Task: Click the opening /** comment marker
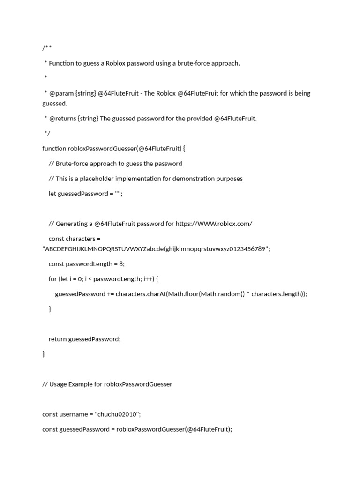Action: point(47,48)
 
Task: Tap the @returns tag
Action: point(63,119)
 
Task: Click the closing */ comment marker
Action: point(47,134)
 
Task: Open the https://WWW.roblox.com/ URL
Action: point(214,224)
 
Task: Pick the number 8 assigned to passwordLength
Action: point(121,264)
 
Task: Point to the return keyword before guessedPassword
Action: point(58,339)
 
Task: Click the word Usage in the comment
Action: point(58,384)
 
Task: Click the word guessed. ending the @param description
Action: point(55,104)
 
